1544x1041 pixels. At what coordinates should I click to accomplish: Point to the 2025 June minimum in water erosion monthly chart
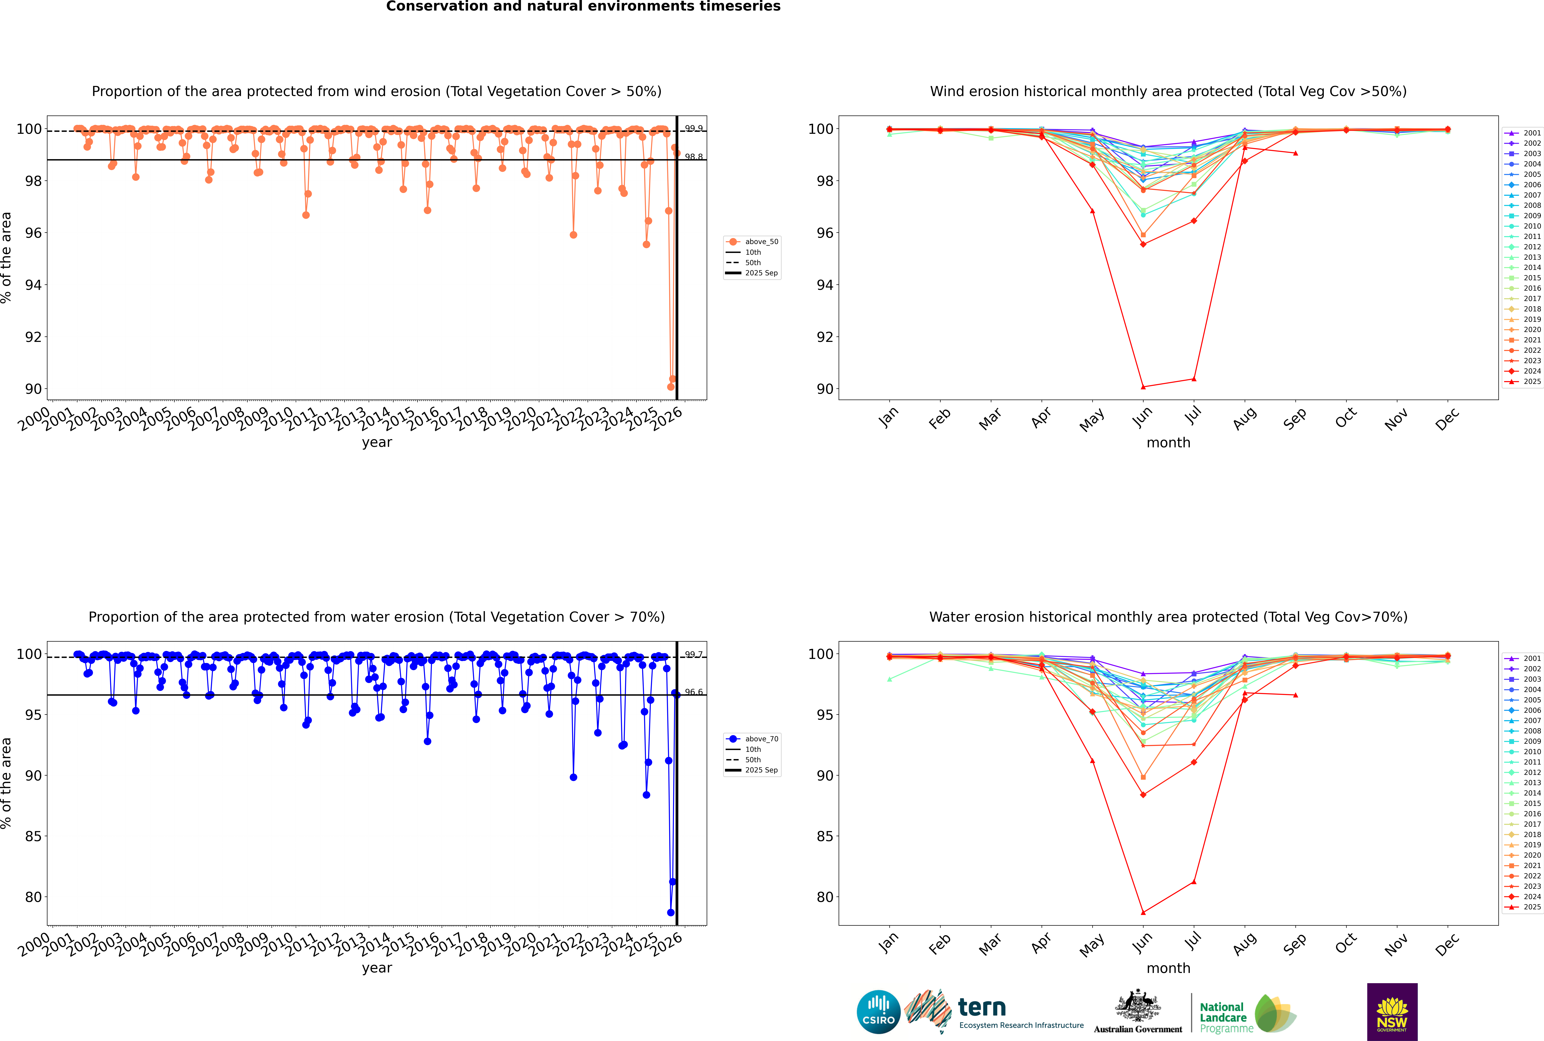(x=1143, y=912)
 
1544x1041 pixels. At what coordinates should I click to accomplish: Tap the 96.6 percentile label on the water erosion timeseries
(x=694, y=692)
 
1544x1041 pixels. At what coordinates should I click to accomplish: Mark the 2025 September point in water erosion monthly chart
(x=1295, y=695)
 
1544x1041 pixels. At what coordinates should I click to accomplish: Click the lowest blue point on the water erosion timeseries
(x=670, y=912)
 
